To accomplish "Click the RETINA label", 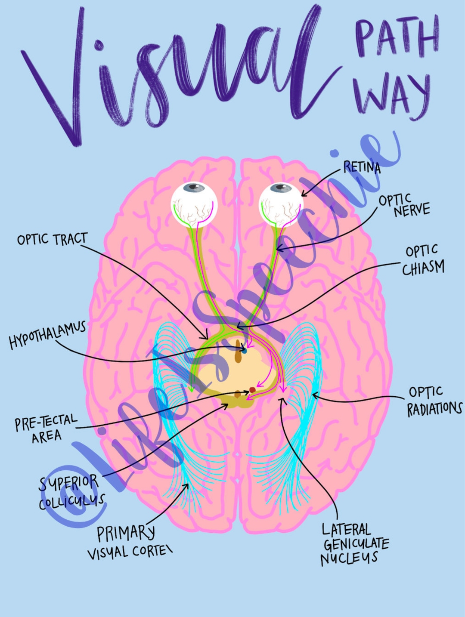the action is tap(362, 167).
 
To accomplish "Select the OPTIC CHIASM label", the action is tap(423, 260).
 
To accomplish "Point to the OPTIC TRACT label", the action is tap(52, 239).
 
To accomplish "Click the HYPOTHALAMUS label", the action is tap(47, 335).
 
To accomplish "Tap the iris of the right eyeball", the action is tap(282, 188).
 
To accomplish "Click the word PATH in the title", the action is tap(396, 37).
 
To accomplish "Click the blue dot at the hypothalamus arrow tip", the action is tap(244, 350).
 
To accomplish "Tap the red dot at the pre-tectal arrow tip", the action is tap(252, 390).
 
